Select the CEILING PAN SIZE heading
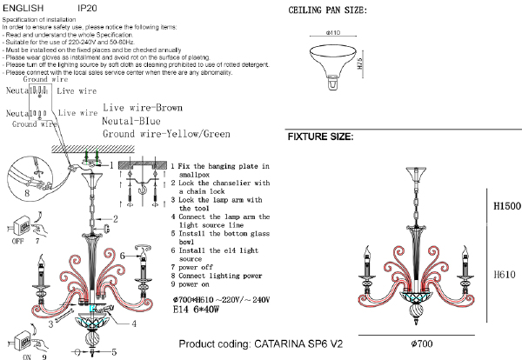[x=326, y=10]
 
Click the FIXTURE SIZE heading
[x=320, y=137]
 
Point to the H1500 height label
[x=506, y=207]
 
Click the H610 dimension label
[x=505, y=273]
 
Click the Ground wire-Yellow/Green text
[x=166, y=135]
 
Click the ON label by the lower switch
[x=26, y=355]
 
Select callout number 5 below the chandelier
[x=114, y=352]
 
